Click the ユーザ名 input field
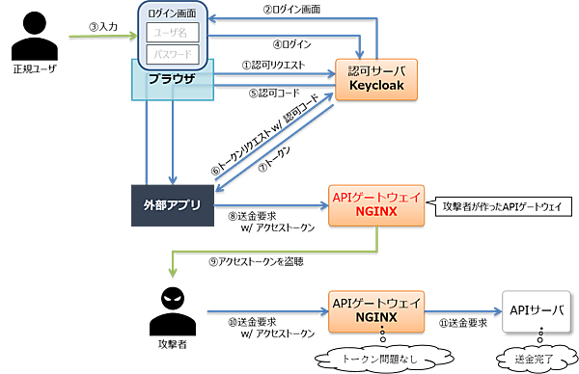pyautogui.click(x=173, y=32)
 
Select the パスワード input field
pyautogui.click(x=173, y=54)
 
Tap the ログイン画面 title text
pyautogui.click(x=173, y=12)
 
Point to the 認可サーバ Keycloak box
pyautogui.click(x=376, y=79)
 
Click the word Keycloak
pyautogui.click(x=376, y=87)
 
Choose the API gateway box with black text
pyautogui.click(x=376, y=309)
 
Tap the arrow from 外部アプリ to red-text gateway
pyautogui.click(x=270, y=204)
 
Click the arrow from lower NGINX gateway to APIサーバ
pyautogui.click(x=463, y=310)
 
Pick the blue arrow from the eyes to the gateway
pyautogui.click(x=261, y=310)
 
